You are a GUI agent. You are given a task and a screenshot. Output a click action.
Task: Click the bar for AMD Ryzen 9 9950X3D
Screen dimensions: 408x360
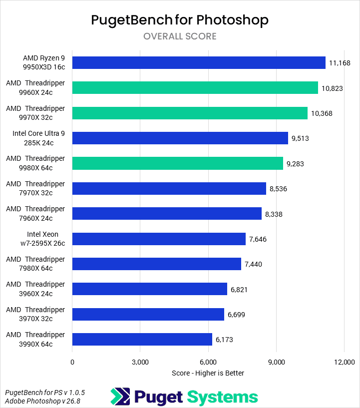199,62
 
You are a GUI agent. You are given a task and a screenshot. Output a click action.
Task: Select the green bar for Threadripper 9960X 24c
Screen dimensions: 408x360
195,87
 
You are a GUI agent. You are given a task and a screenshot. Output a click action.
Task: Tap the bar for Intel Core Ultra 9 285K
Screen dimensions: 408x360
180,138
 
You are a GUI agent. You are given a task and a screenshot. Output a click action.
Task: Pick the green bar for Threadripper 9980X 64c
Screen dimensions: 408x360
177,163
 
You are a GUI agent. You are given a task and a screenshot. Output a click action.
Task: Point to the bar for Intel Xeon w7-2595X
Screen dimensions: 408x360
159,239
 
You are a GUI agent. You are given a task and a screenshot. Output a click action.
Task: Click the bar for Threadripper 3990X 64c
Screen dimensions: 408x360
142,340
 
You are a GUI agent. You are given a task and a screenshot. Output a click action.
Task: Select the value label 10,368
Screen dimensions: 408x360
322,113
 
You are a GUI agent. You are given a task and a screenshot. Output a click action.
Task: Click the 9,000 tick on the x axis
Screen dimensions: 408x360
276,362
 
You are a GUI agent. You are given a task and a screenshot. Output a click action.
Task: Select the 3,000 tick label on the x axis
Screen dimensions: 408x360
140,362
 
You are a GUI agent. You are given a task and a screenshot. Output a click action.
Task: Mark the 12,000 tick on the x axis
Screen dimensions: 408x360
344,362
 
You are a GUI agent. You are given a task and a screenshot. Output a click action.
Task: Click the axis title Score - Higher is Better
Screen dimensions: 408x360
208,373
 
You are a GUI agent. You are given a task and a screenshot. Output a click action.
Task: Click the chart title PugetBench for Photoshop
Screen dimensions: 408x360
180,20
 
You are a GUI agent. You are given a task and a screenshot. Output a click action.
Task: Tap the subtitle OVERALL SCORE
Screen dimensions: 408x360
180,36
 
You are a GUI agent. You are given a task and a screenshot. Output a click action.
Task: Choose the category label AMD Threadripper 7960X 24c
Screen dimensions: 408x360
35,213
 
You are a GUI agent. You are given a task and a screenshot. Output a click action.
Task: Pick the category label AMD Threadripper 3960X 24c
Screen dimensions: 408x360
35,289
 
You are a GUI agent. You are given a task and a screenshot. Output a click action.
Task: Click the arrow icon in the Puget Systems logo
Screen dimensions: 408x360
120,397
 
